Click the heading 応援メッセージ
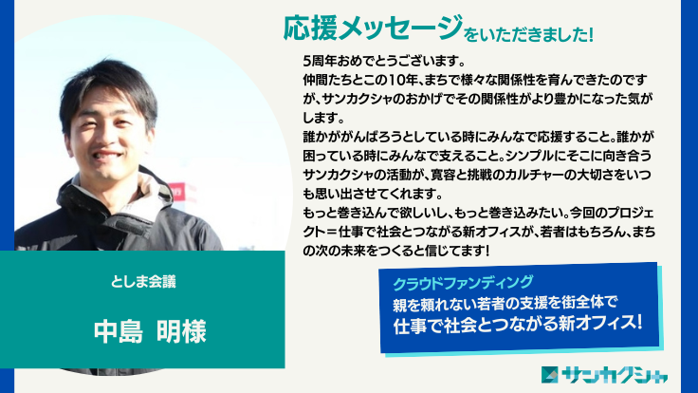(x=373, y=29)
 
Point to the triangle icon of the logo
(x=549, y=372)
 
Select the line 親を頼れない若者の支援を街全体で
(x=505, y=304)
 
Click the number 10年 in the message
(x=402, y=81)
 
